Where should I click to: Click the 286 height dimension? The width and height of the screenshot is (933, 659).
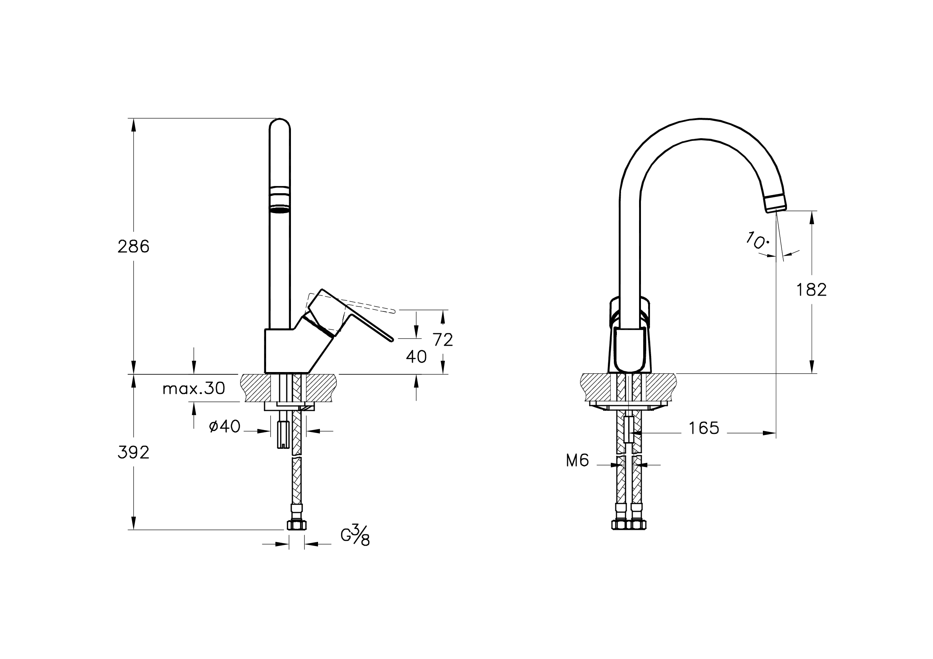pos(133,247)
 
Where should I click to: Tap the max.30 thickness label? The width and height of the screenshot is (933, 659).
pos(193,389)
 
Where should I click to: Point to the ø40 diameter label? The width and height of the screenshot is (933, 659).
pos(225,426)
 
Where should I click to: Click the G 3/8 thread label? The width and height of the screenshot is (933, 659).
pos(355,535)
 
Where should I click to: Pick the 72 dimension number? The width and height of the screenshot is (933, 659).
pos(443,340)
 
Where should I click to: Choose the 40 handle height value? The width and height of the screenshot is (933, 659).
pos(416,357)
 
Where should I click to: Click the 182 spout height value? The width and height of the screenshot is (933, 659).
pos(811,290)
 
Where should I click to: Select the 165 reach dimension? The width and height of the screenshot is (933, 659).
pos(704,428)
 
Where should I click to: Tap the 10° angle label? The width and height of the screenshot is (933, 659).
pos(756,241)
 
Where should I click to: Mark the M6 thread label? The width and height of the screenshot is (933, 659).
pos(577,461)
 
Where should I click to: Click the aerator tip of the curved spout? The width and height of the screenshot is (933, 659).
pos(775,203)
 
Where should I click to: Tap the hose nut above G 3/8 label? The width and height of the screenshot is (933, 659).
pos(296,525)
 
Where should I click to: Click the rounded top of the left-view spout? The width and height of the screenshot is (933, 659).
pos(280,124)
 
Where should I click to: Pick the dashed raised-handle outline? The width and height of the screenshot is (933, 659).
pos(366,307)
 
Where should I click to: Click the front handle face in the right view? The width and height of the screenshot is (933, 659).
pos(629,349)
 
